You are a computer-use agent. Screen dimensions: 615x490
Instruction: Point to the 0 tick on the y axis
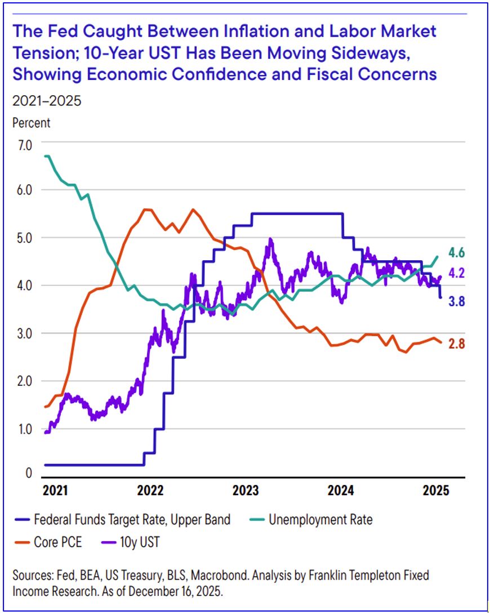coord(29,474)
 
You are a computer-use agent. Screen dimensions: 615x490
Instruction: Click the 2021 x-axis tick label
coord(55,491)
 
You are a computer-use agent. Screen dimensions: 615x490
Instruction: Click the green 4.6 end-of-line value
coord(456,252)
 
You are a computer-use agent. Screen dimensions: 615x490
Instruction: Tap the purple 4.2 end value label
coord(456,273)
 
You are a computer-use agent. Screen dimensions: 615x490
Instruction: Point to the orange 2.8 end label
coord(456,344)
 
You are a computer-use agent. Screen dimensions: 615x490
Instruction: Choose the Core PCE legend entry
coord(57,542)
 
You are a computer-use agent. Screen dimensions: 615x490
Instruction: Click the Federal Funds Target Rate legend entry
coord(132,519)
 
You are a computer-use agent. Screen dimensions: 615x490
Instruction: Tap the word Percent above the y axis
coord(31,122)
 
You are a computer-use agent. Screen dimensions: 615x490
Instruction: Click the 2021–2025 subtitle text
coord(47,101)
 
